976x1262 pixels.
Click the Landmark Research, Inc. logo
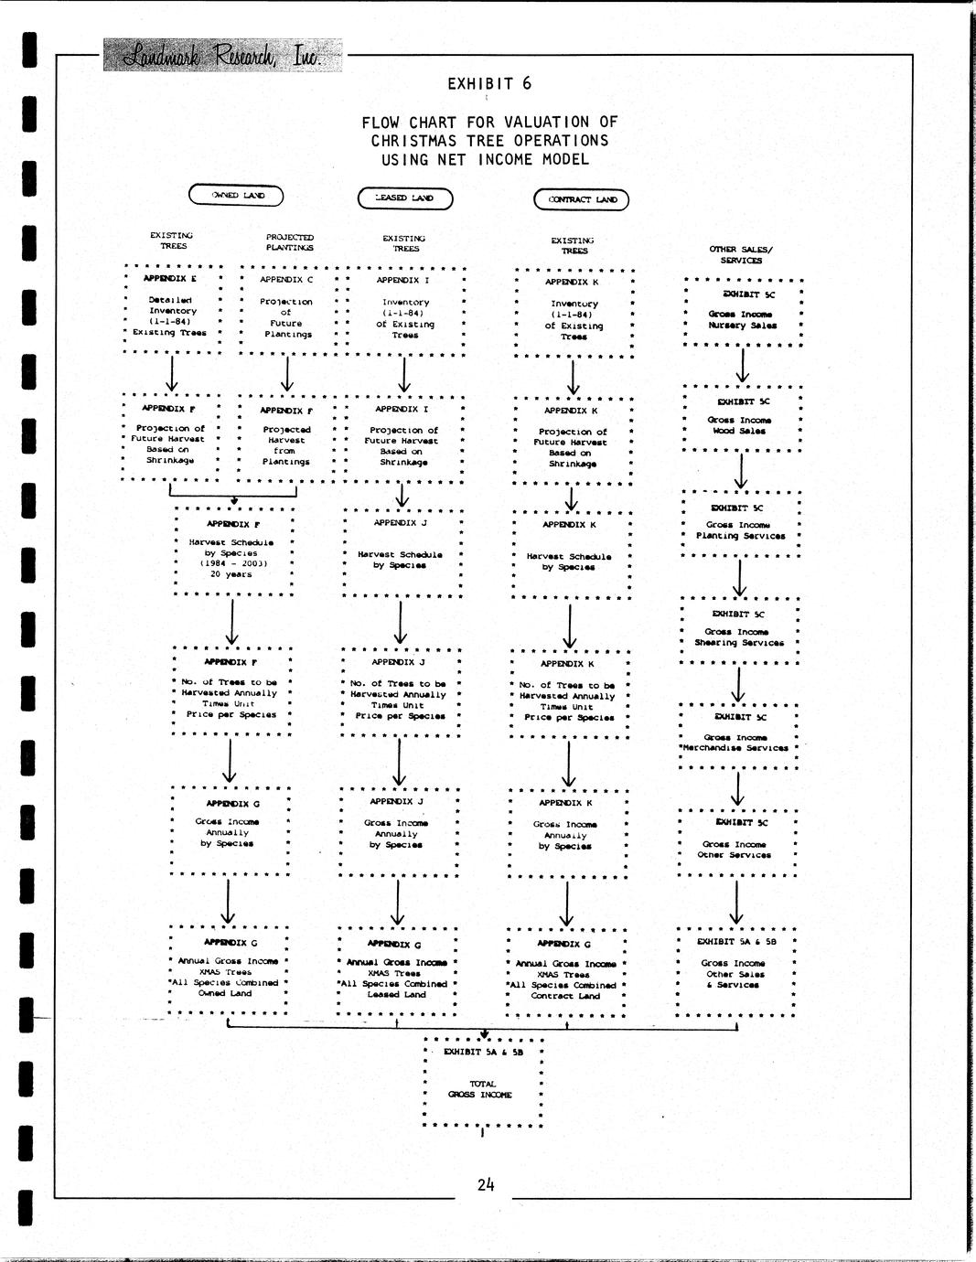[x=221, y=56]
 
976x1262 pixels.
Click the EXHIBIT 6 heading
[x=488, y=84]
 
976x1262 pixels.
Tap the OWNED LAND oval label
[x=236, y=195]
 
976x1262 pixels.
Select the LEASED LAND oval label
[x=404, y=198]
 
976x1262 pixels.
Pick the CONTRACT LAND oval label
[x=582, y=199]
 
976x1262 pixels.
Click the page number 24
[x=485, y=1184]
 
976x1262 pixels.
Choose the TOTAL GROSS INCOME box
[x=482, y=1084]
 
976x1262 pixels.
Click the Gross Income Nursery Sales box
[x=743, y=312]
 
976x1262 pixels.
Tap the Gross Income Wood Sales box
[x=741, y=420]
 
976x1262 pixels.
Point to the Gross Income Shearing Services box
[x=739, y=630]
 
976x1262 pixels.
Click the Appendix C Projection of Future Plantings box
[x=286, y=312]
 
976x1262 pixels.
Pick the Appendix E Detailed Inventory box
[x=171, y=311]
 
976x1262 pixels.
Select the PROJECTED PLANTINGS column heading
[x=289, y=242]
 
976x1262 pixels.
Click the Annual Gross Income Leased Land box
[x=396, y=973]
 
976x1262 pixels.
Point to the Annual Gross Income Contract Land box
[x=565, y=974]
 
